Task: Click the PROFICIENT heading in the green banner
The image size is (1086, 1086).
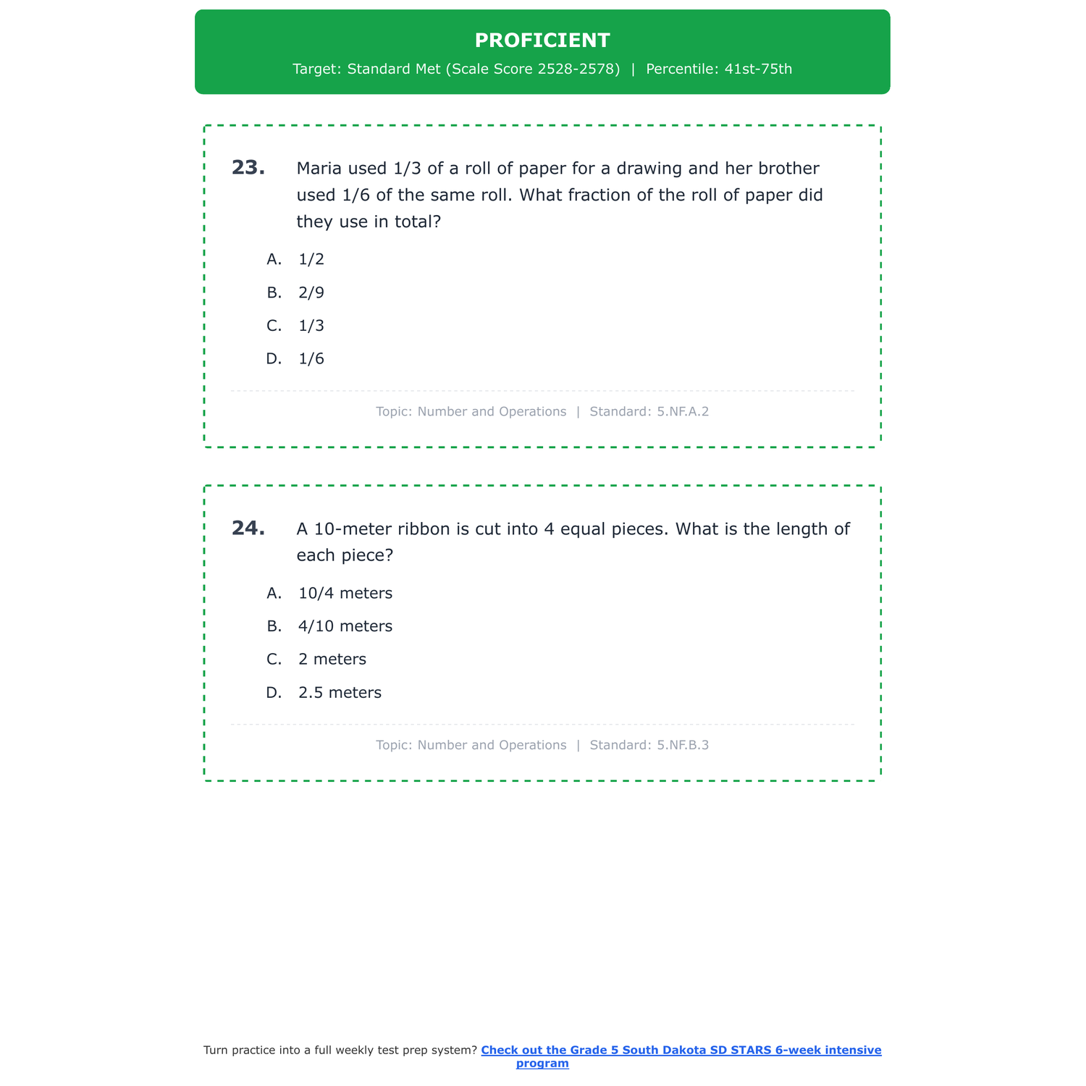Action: (542, 41)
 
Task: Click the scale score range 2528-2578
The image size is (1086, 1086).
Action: (578, 70)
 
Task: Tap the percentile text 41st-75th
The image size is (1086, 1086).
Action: (758, 70)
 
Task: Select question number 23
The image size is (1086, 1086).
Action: (248, 168)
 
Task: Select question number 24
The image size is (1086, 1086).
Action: (248, 529)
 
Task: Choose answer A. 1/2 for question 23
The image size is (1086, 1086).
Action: (311, 259)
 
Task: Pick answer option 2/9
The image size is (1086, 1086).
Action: (311, 292)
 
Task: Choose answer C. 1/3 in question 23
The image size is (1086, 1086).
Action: (311, 326)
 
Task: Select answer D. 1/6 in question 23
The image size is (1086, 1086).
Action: (311, 359)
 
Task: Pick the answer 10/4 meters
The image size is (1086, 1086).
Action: (345, 594)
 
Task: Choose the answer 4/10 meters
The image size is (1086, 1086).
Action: (345, 626)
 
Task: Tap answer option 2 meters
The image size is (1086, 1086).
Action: (332, 660)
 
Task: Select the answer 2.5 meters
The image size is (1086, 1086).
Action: (340, 693)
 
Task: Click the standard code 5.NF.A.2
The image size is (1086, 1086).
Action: (683, 412)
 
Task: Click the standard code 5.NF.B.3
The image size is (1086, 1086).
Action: (683, 745)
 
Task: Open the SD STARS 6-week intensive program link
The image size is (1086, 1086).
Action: (681, 1051)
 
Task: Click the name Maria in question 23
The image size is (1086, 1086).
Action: (319, 169)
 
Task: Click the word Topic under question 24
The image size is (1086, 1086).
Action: (393, 745)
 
